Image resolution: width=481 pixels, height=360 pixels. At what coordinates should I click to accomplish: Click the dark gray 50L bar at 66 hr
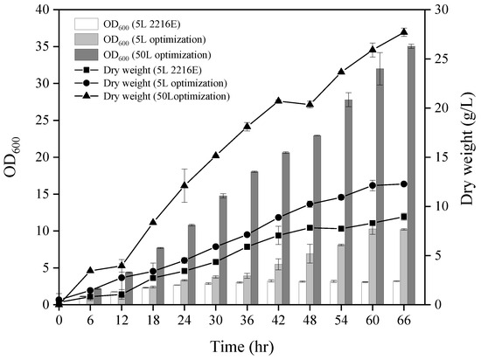click(411, 175)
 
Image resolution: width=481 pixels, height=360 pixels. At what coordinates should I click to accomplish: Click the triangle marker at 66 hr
click(404, 31)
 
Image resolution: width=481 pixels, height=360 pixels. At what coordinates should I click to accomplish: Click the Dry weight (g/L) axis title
click(464, 156)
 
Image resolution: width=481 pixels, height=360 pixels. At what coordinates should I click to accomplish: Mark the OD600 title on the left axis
click(14, 157)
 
